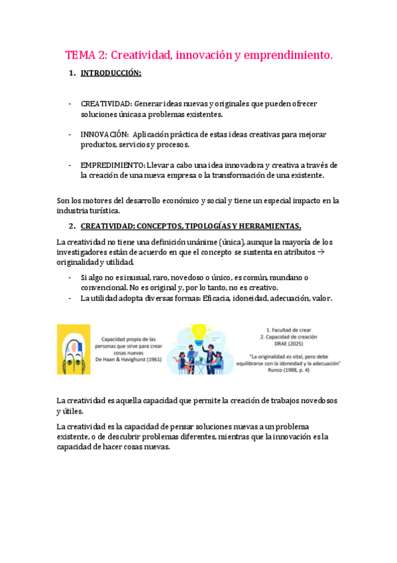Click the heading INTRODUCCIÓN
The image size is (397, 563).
[x=111, y=74]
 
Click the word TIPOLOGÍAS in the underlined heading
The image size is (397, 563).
[x=187, y=226]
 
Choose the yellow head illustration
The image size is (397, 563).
[x=74, y=349]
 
